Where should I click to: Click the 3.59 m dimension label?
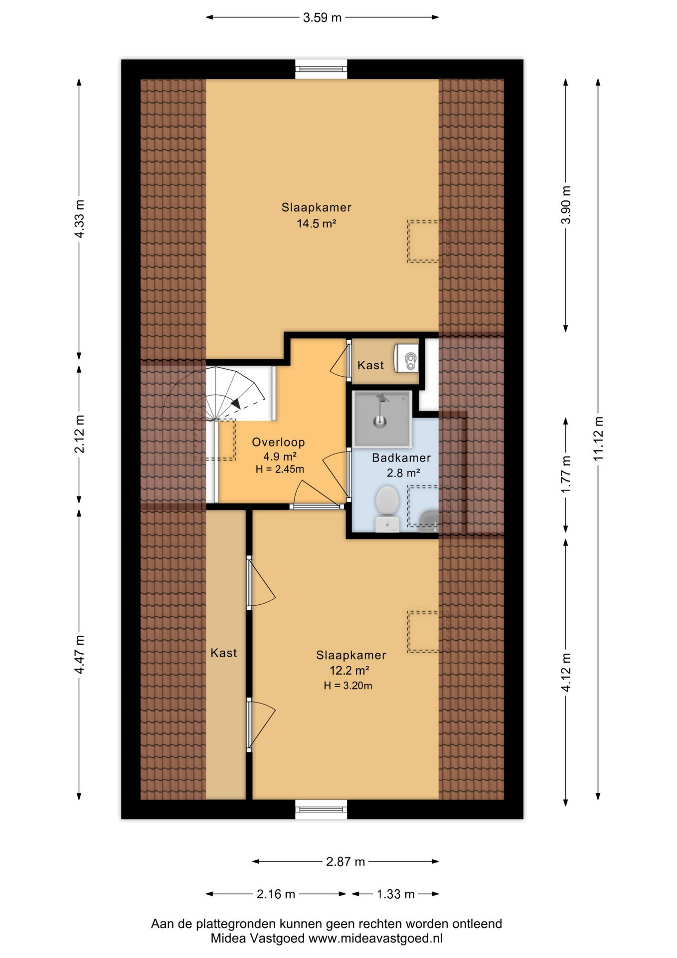[322, 17]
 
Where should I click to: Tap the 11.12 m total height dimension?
[598, 439]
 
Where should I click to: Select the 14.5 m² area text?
[317, 224]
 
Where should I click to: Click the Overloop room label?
[278, 442]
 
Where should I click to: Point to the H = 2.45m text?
[280, 469]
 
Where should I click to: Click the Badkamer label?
[401, 458]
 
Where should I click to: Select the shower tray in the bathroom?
[382, 419]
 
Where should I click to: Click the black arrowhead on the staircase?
[235, 403]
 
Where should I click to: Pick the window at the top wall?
[321, 69]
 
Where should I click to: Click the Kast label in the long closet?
[223, 653]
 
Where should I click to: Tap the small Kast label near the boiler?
[370, 365]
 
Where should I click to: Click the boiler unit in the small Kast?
[406, 358]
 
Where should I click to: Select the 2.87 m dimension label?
[345, 861]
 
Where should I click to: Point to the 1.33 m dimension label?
[395, 894]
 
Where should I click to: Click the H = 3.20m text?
[348, 686]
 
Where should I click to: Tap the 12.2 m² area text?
[349, 670]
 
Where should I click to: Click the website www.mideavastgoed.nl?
[375, 938]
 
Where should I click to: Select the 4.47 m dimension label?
[79, 654]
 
